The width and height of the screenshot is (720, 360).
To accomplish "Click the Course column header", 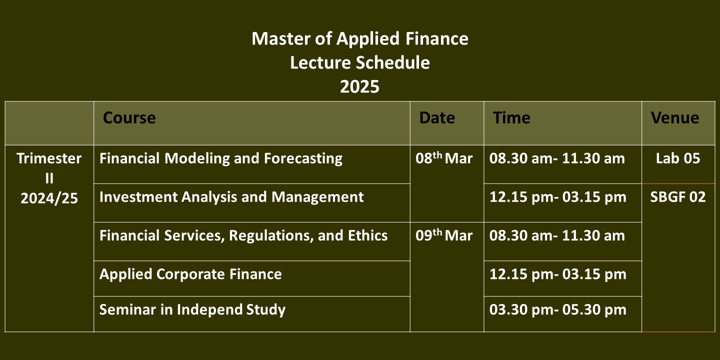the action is tap(129, 117).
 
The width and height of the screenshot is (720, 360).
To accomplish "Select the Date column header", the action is tap(437, 117).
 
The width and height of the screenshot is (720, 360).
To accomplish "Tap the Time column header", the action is tap(511, 117).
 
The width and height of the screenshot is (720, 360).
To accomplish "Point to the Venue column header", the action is tap(675, 117).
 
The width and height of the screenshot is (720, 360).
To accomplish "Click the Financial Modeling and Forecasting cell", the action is tap(221, 159).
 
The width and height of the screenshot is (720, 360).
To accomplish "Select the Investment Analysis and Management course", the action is tap(231, 197).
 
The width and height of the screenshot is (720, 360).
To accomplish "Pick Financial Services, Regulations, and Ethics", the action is tap(243, 235).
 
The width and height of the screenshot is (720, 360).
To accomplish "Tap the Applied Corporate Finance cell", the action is tap(190, 274).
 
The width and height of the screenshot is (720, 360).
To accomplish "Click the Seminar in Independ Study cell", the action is tap(192, 310).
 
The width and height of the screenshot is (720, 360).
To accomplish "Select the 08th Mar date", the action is tap(444, 158).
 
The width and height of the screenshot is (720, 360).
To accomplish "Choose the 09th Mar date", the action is tap(444, 235).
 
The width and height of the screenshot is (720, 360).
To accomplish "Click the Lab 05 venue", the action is tap(678, 158).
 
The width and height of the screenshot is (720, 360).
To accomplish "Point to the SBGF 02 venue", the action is tap(678, 197).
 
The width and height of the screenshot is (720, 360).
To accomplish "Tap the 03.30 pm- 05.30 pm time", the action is tap(557, 310).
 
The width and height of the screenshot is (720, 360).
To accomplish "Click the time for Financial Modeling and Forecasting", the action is tap(557, 158).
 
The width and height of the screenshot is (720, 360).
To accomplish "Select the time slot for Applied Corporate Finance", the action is tap(557, 274).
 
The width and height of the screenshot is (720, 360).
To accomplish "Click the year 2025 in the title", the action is tap(359, 87).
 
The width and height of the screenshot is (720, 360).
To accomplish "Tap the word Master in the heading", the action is tap(281, 38).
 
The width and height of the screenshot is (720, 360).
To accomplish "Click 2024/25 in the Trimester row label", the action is tap(49, 198).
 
